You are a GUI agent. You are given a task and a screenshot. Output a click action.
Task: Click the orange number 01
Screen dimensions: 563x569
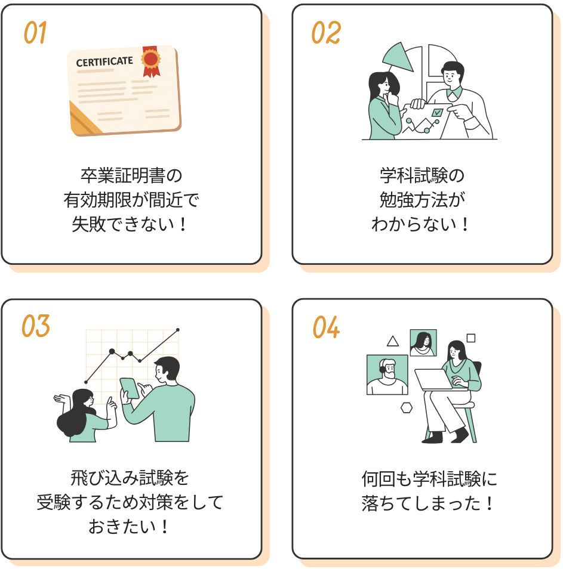[35, 32]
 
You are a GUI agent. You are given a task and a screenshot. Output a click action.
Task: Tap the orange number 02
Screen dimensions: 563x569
[326, 32]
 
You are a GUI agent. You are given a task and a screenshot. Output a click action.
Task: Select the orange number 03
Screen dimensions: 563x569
[35, 326]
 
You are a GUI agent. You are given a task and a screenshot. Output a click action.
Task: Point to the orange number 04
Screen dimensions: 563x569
[326, 327]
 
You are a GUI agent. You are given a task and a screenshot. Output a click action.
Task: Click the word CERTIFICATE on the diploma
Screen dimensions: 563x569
[104, 61]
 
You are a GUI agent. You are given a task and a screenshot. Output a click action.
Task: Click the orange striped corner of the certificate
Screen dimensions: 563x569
[84, 118]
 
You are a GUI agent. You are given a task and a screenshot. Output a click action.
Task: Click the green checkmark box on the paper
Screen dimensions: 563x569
[437, 113]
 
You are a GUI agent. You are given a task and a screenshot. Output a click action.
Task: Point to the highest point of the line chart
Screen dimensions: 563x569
[178, 330]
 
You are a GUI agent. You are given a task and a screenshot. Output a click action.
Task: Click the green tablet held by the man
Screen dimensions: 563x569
[130, 388]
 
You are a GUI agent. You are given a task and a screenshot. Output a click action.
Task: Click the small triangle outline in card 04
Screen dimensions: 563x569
[393, 342]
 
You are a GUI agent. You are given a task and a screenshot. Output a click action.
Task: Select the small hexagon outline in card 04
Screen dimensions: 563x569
[407, 407]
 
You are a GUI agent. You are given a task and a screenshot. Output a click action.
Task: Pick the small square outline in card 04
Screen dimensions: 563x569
[470, 338]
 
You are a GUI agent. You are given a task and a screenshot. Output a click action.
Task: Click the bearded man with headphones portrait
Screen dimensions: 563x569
[387, 375]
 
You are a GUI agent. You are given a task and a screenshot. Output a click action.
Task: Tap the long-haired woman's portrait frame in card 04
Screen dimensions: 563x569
[423, 343]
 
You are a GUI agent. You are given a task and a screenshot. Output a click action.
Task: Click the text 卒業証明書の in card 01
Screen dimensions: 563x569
[131, 175]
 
